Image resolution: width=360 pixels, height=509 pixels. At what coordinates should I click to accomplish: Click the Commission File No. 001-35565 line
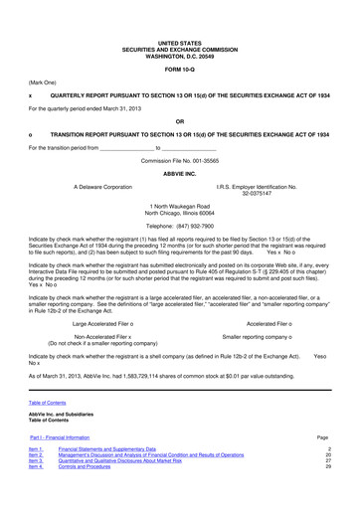(179, 159)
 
